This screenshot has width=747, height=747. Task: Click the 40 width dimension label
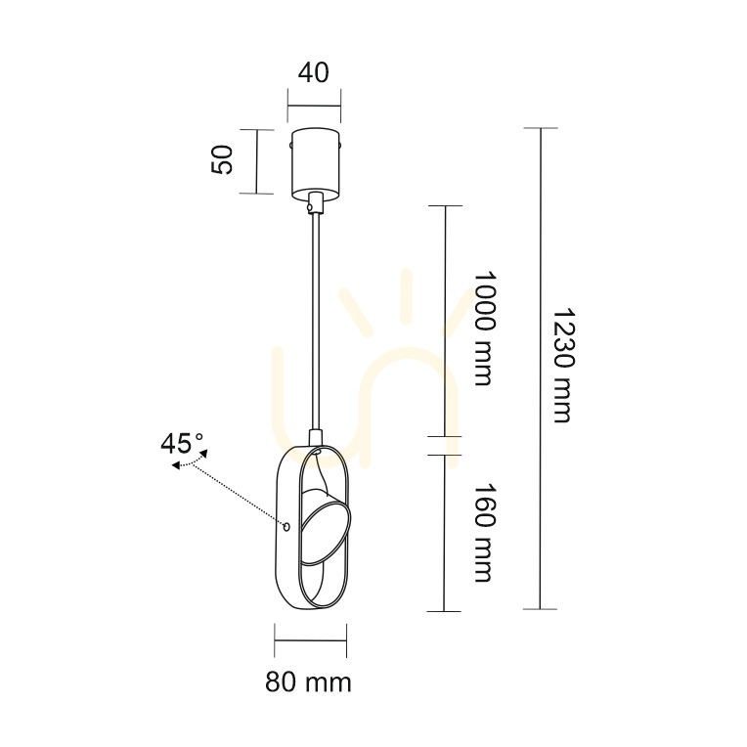[314, 73]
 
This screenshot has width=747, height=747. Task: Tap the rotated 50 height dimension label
[222, 159]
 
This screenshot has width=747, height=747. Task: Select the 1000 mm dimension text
[485, 329]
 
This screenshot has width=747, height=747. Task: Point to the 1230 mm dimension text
[562, 366]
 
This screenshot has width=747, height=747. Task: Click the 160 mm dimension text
[485, 533]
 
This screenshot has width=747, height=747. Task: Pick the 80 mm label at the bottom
[308, 681]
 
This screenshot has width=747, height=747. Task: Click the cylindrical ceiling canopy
[316, 163]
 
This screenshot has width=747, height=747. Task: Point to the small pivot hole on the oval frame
[286, 526]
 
